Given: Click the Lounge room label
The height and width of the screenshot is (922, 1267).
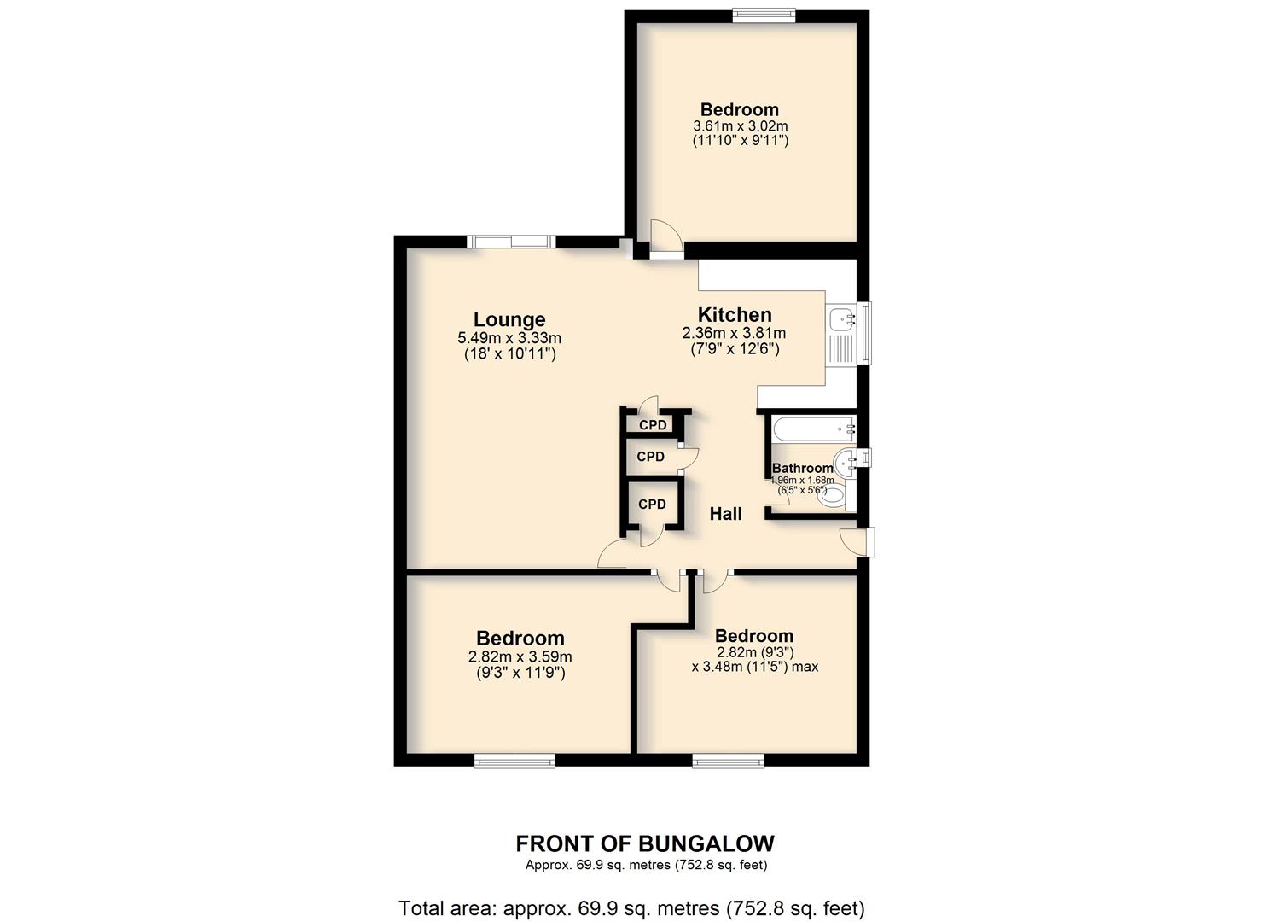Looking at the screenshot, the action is [x=509, y=320].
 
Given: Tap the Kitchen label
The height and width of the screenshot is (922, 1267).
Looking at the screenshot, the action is [x=735, y=315].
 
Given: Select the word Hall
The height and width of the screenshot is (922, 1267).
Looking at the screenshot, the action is [x=726, y=514].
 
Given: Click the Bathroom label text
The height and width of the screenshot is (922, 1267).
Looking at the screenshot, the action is [x=803, y=468].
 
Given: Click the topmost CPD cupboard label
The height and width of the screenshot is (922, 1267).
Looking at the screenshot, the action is [x=653, y=425].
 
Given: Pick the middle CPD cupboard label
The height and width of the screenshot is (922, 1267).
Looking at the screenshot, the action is [x=650, y=457].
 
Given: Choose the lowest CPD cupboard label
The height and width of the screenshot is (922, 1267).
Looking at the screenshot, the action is [x=652, y=505].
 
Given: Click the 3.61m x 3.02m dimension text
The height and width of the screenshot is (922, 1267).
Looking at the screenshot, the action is [x=741, y=126].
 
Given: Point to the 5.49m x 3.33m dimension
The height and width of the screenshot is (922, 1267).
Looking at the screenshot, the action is [x=509, y=338].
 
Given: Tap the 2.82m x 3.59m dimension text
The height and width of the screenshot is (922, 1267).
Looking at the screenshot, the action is [x=520, y=657].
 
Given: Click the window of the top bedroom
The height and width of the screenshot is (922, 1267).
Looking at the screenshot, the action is [x=764, y=16].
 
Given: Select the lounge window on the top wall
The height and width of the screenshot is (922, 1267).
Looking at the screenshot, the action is [x=511, y=242].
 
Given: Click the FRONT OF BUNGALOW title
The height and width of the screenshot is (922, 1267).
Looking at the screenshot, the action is [x=645, y=844].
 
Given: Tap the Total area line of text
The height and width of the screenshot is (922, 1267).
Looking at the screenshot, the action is [x=632, y=893].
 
